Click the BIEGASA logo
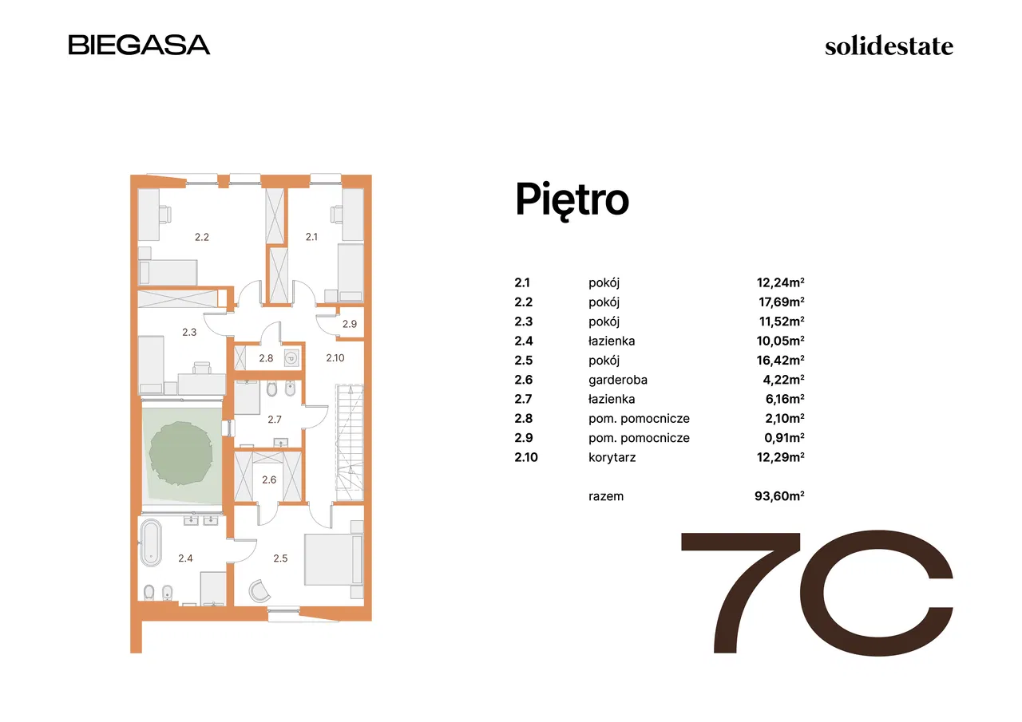point(139,45)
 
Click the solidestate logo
point(889,46)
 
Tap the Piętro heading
point(572,199)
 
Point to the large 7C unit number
point(817,593)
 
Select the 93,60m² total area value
point(779,496)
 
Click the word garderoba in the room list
point(618,380)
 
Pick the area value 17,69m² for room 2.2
point(781,302)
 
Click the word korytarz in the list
point(612,457)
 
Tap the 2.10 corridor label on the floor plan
point(335,358)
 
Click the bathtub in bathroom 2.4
point(150,542)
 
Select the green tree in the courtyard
point(181,453)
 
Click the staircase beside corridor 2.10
point(350,443)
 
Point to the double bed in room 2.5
point(334,559)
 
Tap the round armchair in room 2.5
point(259,591)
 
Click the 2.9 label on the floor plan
point(350,324)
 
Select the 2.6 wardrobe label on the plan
point(269,479)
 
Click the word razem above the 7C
point(606,496)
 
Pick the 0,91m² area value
point(784,437)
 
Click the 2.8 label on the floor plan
point(266,358)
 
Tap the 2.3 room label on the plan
point(189,333)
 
